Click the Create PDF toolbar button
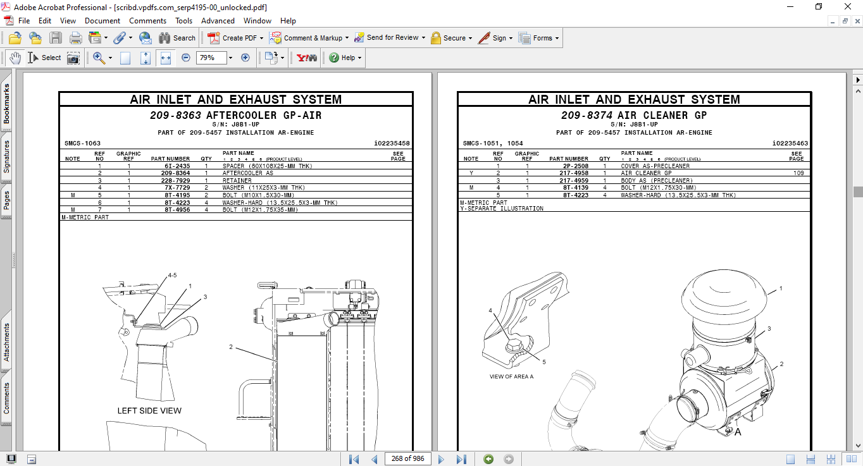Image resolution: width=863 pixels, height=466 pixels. pyautogui.click(x=235, y=38)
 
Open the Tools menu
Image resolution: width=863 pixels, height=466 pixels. pyautogui.click(x=184, y=21)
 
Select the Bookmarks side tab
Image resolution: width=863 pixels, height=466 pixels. pyautogui.click(x=7, y=104)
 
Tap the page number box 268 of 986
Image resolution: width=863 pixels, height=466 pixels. pyautogui.click(x=407, y=458)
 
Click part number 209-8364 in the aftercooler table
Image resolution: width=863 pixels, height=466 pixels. pyautogui.click(x=175, y=173)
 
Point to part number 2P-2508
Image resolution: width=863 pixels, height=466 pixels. pyautogui.click(x=576, y=166)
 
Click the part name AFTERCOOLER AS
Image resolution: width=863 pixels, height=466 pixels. pyautogui.click(x=247, y=173)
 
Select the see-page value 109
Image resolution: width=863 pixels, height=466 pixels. pyautogui.click(x=798, y=173)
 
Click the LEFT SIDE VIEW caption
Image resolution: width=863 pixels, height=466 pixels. pyautogui.click(x=149, y=411)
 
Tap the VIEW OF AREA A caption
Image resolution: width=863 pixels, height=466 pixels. pyautogui.click(x=511, y=377)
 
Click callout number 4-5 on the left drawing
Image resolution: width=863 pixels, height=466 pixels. pyautogui.click(x=172, y=276)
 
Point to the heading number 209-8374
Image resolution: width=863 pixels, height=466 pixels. pyautogui.click(x=587, y=116)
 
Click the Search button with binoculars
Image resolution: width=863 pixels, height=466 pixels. pyautogui.click(x=177, y=38)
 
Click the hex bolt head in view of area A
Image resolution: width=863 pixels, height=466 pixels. pyautogui.click(x=513, y=346)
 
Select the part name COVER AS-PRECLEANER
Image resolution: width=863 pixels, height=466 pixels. pyautogui.click(x=655, y=166)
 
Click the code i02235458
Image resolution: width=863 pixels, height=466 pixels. pyautogui.click(x=392, y=144)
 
